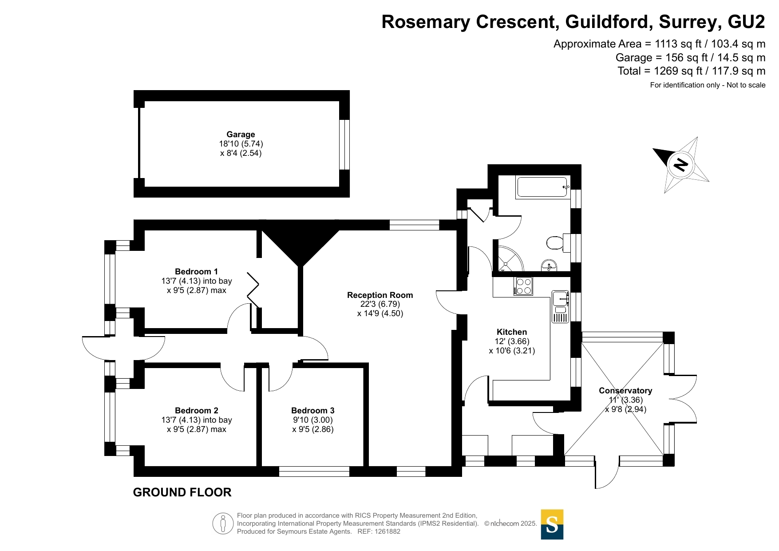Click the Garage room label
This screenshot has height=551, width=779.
tap(241, 135)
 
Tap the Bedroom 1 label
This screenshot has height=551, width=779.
tap(196, 272)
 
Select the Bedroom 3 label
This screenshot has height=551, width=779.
tap(312, 411)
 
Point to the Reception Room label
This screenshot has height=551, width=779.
tap(380, 295)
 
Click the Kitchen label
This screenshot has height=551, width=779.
tap(512, 332)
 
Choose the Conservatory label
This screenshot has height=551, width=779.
tap(625, 391)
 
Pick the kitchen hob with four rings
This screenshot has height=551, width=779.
tap(524, 286)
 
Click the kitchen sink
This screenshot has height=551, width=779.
tap(560, 299)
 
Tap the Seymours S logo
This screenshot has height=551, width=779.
tap(552, 524)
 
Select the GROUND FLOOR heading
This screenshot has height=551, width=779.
tap(182, 492)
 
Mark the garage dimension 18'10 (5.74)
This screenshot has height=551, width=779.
tap(241, 144)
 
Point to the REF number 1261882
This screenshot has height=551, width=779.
tap(388, 531)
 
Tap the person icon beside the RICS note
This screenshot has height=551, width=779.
tap(223, 523)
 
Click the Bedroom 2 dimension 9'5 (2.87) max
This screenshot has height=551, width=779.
tap(196, 429)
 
